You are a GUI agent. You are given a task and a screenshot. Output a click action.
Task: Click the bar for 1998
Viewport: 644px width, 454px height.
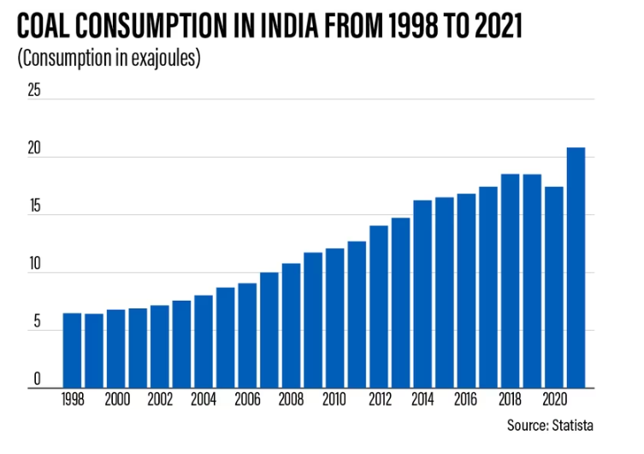72,350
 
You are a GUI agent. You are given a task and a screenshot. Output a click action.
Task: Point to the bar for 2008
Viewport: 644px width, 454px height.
291,326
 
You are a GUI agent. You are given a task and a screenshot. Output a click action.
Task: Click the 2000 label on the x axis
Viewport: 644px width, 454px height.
116,399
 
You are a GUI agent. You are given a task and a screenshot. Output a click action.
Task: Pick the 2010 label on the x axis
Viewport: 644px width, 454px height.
334,399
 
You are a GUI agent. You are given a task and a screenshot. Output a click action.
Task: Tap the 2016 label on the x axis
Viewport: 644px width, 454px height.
466,399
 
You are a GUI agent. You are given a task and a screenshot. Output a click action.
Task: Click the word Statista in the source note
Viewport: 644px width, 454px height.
573,424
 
